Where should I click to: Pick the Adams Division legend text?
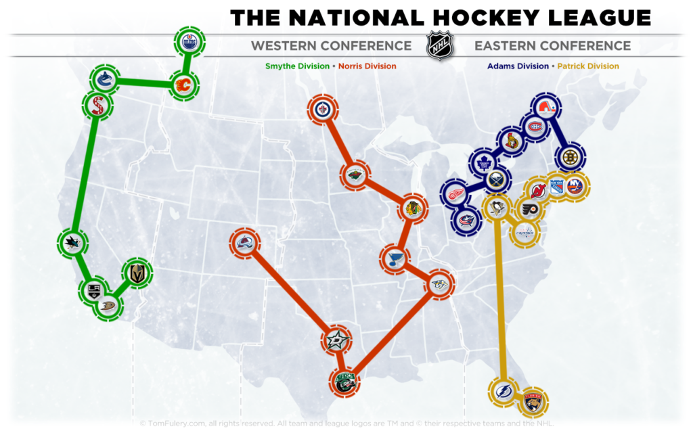(518, 66)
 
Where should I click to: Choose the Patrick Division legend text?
(588, 66)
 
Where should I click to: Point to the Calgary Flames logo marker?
(183, 85)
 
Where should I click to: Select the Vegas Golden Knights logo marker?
(137, 273)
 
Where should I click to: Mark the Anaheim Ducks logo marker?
(109, 306)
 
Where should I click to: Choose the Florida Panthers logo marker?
(533, 403)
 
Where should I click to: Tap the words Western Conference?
(331, 46)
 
